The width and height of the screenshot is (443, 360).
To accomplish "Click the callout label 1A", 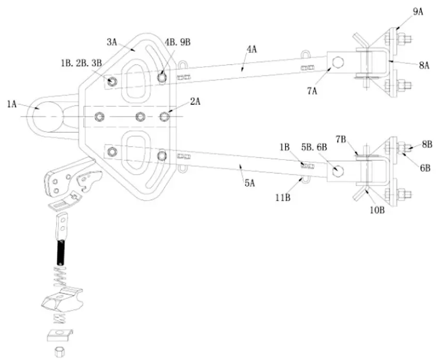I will point(13,104).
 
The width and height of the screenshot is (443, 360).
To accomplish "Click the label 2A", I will point(195,101).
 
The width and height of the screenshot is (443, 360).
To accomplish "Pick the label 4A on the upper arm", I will point(252,50).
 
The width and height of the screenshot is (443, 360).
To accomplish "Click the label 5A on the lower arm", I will point(250,182).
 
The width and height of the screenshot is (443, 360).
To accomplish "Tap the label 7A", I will point(312,91).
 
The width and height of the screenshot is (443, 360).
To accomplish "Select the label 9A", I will point(418,10).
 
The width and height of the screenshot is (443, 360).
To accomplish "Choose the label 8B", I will point(426,145).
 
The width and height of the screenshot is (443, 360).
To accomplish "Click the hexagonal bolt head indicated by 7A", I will point(338,62).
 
